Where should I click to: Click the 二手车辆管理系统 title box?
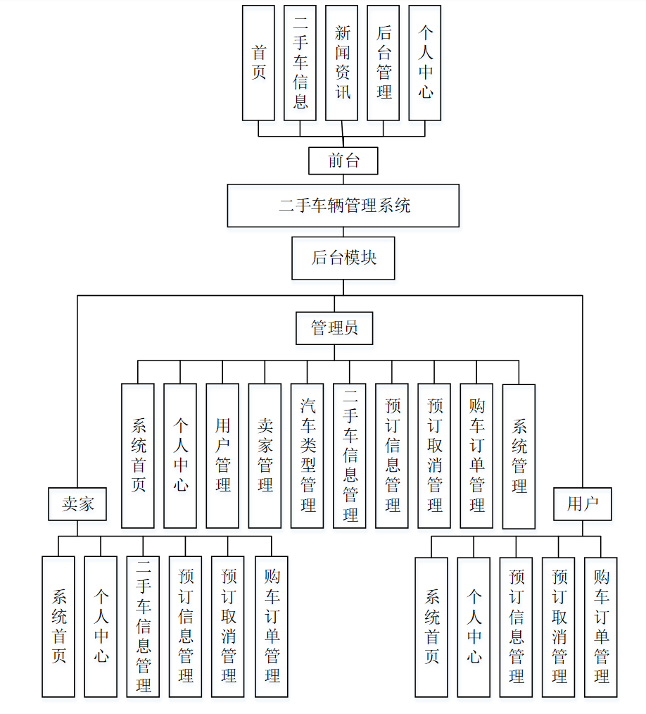(343, 206)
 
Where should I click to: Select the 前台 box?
(343, 161)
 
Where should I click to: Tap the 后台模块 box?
(343, 258)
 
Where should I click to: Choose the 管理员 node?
(334, 327)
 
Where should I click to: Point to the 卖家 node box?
(77, 504)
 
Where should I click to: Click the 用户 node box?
(582, 504)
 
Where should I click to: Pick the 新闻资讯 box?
(342, 63)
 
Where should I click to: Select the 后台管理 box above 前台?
(384, 63)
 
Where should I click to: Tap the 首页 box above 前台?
(258, 63)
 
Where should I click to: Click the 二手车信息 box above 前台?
(300, 63)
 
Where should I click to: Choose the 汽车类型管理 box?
(308, 456)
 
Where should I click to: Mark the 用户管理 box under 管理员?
(222, 456)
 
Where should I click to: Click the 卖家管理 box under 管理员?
(265, 456)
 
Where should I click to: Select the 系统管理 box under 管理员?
(519, 456)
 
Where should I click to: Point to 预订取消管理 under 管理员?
(434, 456)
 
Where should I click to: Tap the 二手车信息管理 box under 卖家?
(143, 627)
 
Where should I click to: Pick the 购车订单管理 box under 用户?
(601, 627)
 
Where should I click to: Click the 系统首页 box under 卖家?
(58, 627)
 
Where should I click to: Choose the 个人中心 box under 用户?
(474, 627)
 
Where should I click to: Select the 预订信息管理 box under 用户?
(516, 627)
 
